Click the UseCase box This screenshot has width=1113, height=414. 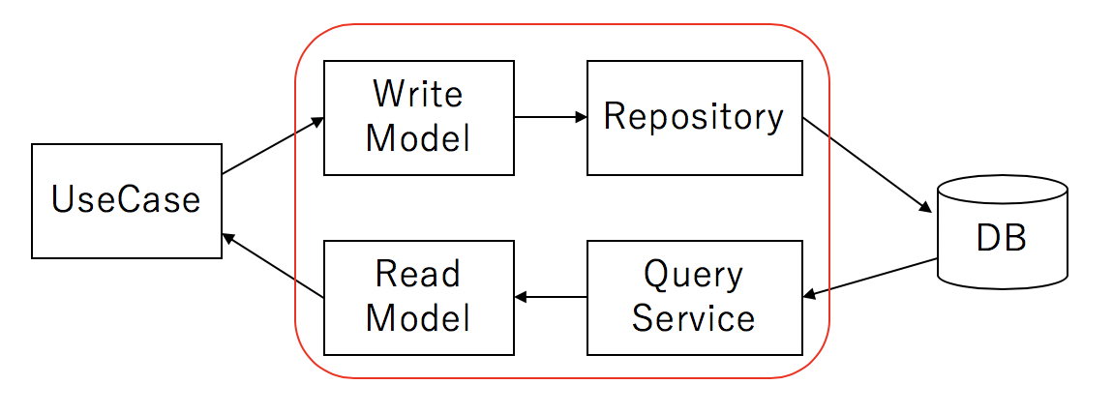pos(127,201)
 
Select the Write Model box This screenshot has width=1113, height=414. pos(419,118)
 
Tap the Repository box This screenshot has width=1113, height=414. pos(695,118)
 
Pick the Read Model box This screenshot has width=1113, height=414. pos(419,298)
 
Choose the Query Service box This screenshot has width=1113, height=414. pos(695,298)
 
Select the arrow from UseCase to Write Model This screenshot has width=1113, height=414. pos(273,145)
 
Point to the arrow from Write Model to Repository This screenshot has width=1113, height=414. pos(551,118)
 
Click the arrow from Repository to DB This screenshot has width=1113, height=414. pos(867,165)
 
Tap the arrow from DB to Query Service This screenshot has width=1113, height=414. pos(870,278)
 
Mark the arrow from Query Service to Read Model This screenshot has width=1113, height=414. pos(551,298)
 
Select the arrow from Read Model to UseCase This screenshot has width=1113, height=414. pos(273,267)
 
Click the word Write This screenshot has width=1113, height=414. pos(418,94)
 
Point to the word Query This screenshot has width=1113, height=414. pos(694,276)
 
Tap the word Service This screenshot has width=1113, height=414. pos(694,318)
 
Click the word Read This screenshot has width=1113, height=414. pos(418,275)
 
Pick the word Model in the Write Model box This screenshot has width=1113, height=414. pos(418,138)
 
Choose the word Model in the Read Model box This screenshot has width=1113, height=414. pos(418,318)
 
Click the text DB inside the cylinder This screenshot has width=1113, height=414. pos(1002,240)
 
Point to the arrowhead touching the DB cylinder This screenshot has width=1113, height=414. pos(925,208)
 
